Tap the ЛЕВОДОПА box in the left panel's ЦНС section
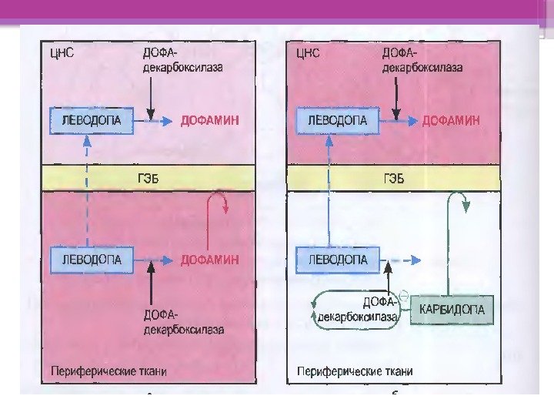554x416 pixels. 86,120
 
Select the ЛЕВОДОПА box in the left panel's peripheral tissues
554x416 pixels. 86,259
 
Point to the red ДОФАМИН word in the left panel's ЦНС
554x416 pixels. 210,121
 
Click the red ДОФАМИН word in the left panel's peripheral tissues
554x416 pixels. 210,260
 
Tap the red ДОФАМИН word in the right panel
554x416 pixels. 452,121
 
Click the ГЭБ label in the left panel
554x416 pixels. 149,179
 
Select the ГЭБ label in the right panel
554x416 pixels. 392,179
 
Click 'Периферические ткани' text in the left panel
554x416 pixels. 108,371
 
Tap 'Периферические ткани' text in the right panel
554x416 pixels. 350,371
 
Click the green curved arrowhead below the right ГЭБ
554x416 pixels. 463,204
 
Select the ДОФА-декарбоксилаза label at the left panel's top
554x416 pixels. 182,60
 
